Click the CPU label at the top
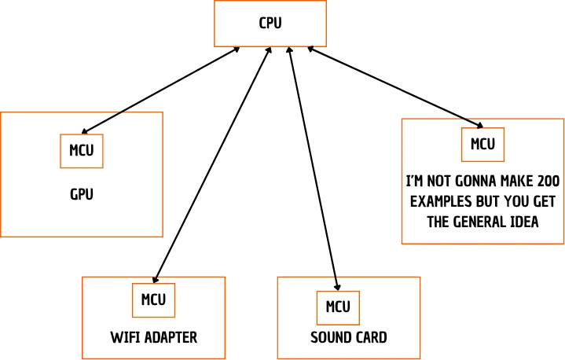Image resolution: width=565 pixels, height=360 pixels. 270,23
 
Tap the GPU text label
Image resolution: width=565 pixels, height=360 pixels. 82,194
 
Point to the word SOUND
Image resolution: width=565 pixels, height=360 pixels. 328,338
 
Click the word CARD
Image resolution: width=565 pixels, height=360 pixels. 369,338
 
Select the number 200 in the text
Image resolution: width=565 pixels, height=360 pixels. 548,182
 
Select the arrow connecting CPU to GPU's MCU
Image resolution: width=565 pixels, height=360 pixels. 161,90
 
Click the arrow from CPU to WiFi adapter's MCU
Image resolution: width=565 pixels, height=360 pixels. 212,165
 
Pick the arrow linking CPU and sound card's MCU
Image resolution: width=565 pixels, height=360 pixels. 313,169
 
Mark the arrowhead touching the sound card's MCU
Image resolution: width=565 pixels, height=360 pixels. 337,287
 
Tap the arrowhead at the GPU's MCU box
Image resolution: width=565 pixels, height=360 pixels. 85,131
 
